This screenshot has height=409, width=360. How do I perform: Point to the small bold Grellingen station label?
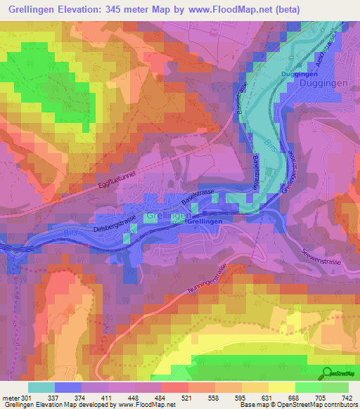[x=206, y=221]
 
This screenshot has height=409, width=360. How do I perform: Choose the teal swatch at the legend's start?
[x=41, y=387]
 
